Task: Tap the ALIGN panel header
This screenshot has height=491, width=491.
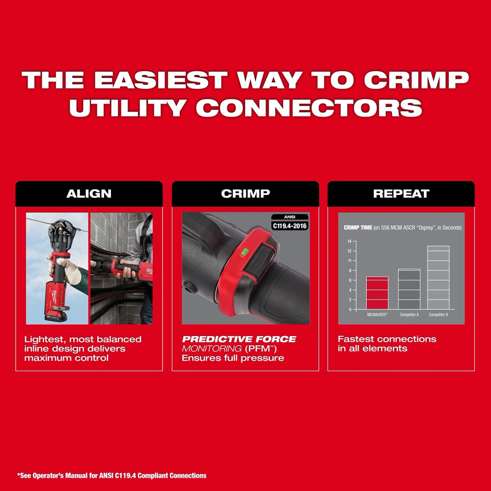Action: pyautogui.click(x=89, y=193)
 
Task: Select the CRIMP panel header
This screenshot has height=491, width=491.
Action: pyautogui.click(x=245, y=193)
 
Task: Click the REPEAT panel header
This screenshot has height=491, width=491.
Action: pyautogui.click(x=401, y=193)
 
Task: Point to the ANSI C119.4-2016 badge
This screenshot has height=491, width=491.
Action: pyautogui.click(x=289, y=222)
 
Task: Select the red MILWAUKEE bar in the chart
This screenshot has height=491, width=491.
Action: pyautogui.click(x=377, y=293)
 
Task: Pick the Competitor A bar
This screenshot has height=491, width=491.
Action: pyautogui.click(x=409, y=289)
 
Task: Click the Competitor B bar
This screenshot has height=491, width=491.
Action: pyautogui.click(x=438, y=277)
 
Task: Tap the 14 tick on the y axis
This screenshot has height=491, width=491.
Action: pyautogui.click(x=349, y=241)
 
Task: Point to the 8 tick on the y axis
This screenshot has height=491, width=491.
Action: pyautogui.click(x=349, y=270)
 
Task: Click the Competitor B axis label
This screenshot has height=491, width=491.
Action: pyautogui.click(x=438, y=314)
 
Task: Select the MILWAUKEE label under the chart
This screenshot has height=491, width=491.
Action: pyautogui.click(x=377, y=314)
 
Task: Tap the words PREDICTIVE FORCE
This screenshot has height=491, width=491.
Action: pyautogui.click(x=239, y=339)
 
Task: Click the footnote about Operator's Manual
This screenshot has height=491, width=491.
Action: pyautogui.click(x=112, y=475)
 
